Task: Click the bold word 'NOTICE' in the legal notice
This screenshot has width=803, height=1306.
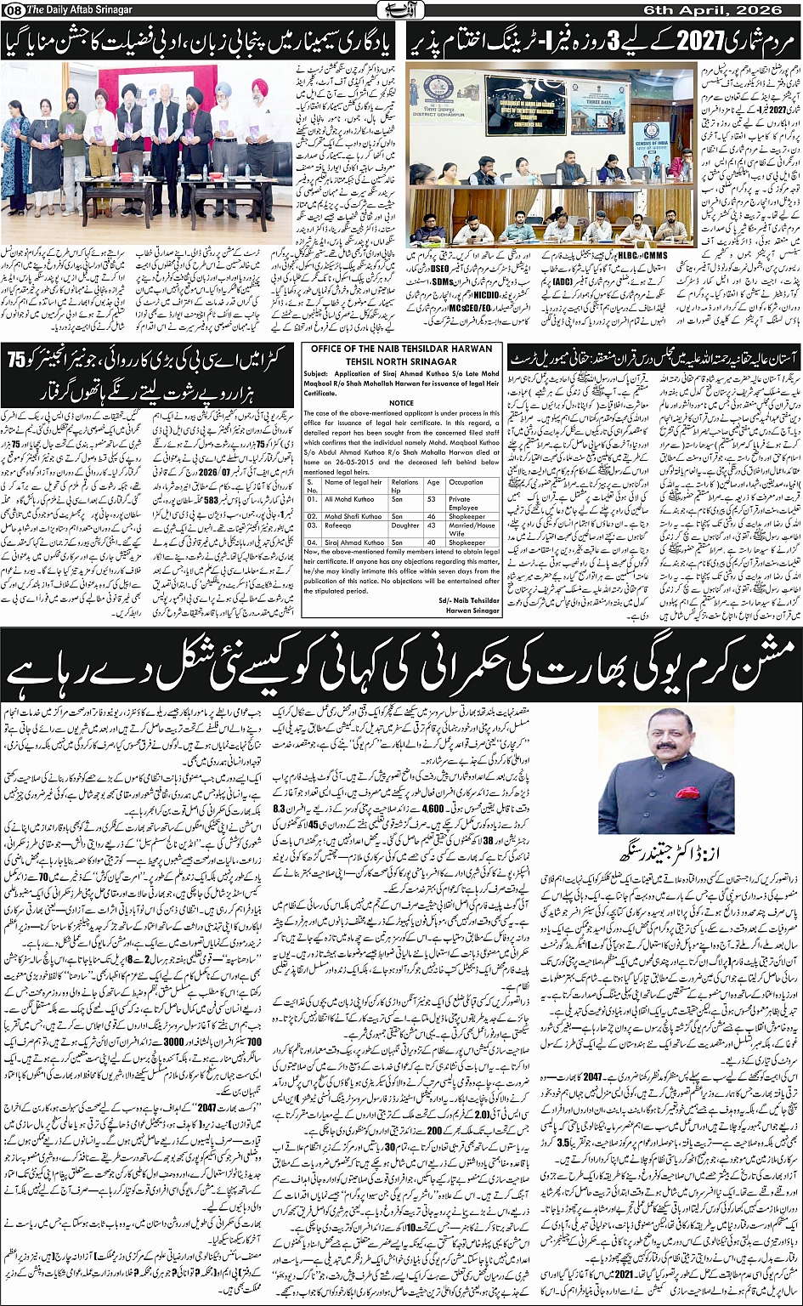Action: tap(401, 404)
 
